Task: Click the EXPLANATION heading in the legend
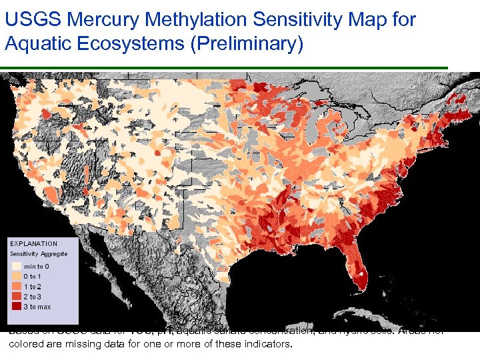click(34, 244)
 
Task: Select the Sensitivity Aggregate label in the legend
click(39, 254)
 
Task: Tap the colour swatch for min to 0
click(16, 267)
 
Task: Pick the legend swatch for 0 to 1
click(16, 277)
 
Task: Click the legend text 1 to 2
click(33, 287)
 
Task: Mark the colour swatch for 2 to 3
click(16, 297)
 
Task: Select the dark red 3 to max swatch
click(16, 307)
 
